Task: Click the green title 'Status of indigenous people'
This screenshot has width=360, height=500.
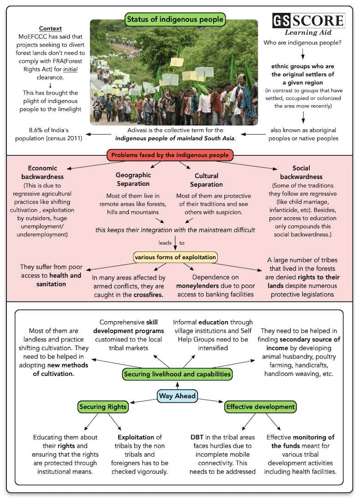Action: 175,19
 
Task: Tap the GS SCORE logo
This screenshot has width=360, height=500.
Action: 308,21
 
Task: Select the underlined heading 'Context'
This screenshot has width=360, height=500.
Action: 50,28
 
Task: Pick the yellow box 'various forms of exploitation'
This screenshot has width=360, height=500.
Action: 175,257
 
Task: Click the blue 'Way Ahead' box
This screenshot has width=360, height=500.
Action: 177,396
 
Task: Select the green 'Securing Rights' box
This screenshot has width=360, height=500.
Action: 102,407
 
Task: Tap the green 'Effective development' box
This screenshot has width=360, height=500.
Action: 260,407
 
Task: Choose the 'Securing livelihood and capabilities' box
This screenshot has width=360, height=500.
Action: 177,374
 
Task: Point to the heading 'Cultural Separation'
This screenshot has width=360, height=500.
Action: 206,180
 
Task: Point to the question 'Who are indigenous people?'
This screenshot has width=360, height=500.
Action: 302,43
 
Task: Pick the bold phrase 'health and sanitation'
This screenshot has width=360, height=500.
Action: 51,280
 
